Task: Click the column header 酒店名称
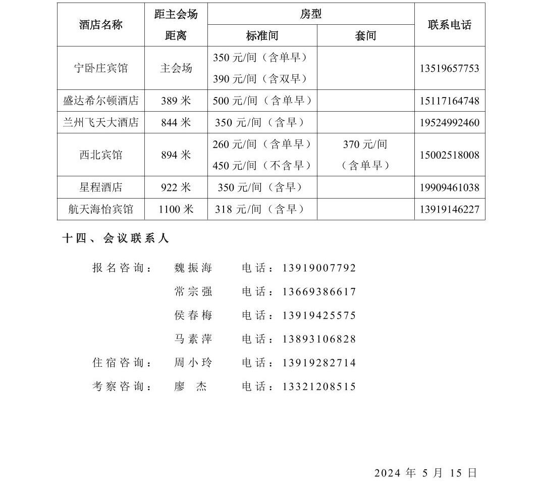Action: [101, 25]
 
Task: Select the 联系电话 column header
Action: [449, 25]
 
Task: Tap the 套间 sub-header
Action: [365, 36]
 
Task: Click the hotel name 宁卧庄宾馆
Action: [101, 68]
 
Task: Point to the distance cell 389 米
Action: [176, 101]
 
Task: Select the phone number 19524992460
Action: [449, 123]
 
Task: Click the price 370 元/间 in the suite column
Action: [365, 144]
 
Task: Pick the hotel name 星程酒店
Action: [101, 187]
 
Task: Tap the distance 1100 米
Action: [176, 209]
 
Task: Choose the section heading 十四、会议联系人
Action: [115, 238]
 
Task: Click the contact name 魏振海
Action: [193, 268]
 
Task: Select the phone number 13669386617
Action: [319, 292]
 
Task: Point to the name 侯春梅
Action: [193, 316]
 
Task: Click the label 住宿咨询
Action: [122, 363]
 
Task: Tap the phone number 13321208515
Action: [319, 387]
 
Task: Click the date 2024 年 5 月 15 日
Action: [425, 473]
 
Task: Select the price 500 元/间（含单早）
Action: [262, 101]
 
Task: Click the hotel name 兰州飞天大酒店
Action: [101, 123]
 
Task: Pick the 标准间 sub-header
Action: [262, 36]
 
